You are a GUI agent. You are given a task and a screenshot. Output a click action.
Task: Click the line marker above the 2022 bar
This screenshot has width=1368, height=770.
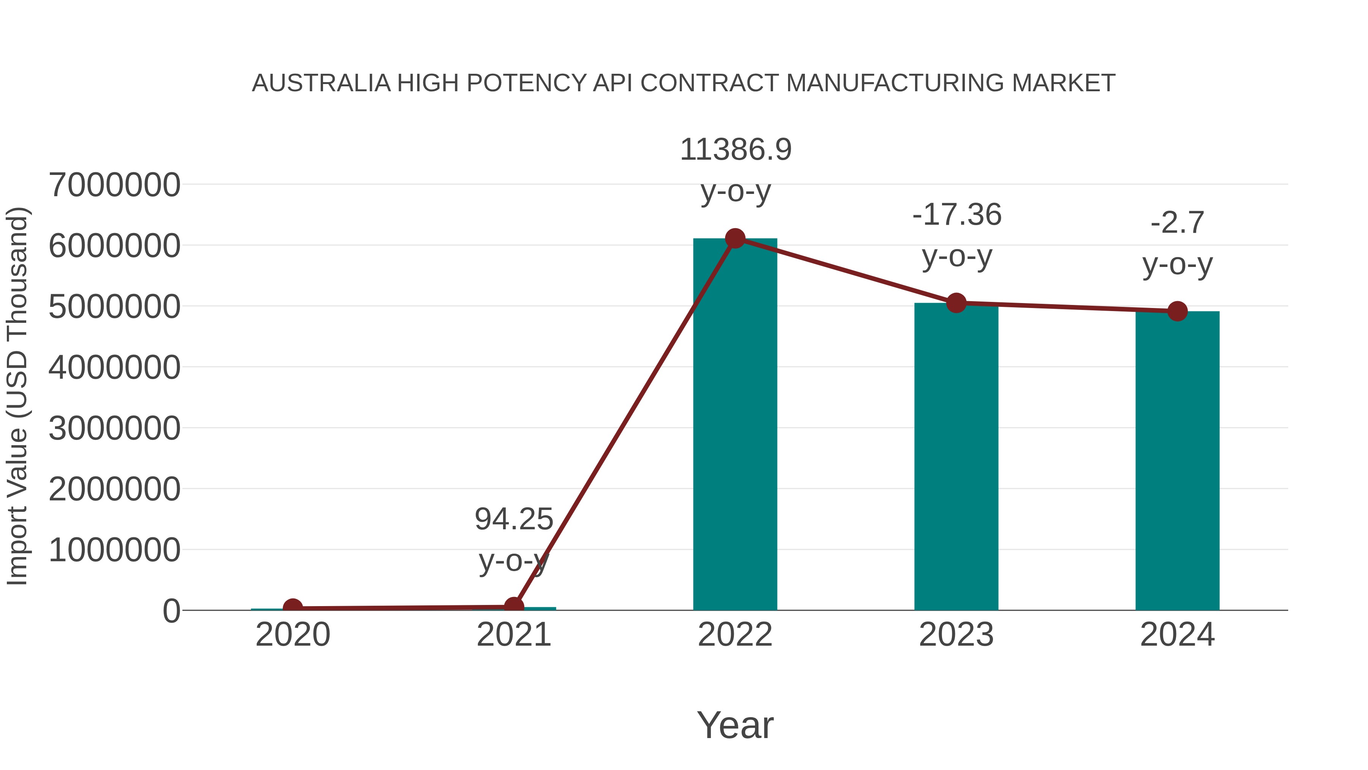pos(735,238)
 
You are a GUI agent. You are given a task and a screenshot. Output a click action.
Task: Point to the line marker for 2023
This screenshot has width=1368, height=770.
pos(956,303)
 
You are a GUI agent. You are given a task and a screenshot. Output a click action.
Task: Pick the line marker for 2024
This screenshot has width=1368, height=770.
pos(1177,311)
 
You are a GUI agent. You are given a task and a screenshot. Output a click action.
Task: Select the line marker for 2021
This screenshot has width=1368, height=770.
pos(513,606)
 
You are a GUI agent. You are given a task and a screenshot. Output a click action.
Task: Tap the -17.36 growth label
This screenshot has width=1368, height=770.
pos(956,215)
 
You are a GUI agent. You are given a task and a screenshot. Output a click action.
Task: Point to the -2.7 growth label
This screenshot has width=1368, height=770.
pos(1177,223)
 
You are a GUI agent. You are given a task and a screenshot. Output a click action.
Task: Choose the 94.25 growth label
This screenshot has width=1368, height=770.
pos(513,519)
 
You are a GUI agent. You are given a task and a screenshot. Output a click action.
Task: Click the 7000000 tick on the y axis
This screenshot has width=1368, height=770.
pos(114,186)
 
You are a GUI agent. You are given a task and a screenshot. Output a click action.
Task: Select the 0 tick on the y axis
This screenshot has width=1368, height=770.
pos(171,611)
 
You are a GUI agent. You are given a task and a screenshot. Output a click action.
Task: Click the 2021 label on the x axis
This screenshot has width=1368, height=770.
pos(513,635)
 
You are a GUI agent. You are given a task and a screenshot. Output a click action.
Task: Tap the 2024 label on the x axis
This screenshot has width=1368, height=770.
pos(1177,635)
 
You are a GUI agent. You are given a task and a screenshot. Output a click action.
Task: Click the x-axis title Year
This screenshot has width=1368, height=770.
pos(735,726)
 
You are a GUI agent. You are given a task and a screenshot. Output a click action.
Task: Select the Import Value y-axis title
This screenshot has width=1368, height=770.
pos(17,396)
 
